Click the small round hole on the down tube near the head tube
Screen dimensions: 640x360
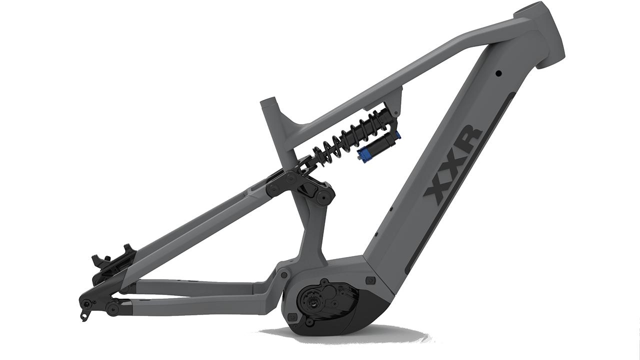tap(498, 73)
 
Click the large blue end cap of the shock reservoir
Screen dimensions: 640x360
tap(363, 155)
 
